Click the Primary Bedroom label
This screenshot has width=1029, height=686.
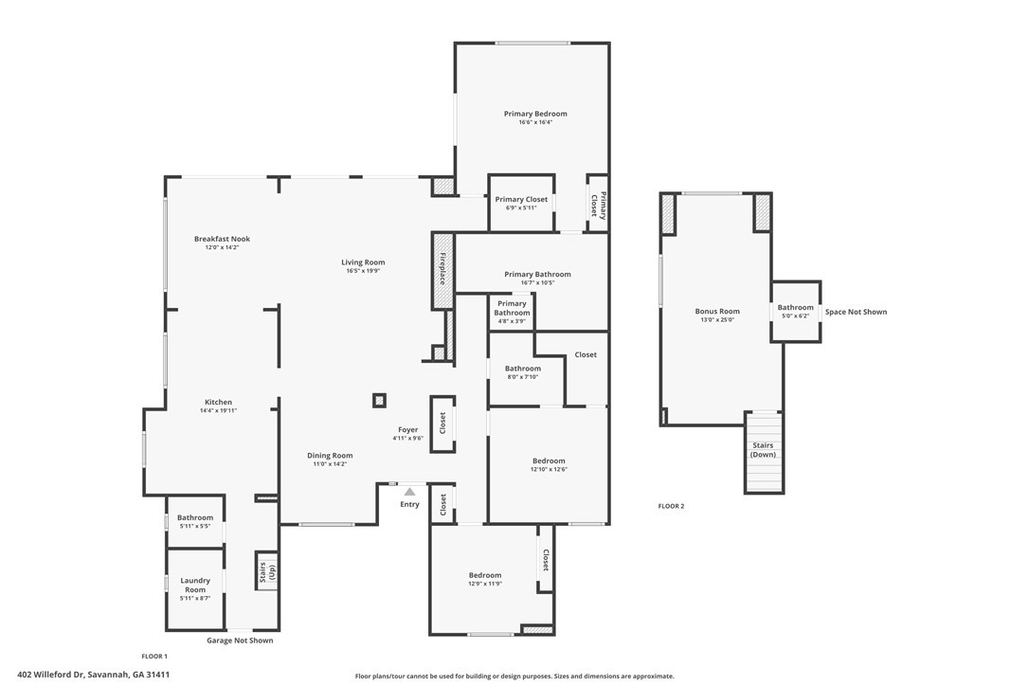535,114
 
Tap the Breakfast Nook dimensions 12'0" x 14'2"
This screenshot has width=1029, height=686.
222,247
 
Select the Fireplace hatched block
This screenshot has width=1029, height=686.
443,270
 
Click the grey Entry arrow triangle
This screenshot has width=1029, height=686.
409,492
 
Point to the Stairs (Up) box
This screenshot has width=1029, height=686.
266,570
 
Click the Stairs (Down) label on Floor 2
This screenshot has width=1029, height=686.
763,450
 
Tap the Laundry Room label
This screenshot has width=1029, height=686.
195,585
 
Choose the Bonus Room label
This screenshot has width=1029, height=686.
717,311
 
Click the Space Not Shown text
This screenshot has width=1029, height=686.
856,312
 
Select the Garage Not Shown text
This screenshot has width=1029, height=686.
240,641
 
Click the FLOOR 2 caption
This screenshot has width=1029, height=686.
672,506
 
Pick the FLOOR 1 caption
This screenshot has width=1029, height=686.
154,657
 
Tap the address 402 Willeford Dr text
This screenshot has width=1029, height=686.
51,675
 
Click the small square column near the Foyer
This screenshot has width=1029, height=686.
379,401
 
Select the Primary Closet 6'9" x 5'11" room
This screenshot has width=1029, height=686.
522,203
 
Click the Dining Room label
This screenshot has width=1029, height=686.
330,456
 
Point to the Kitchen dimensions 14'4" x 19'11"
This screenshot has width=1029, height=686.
219,411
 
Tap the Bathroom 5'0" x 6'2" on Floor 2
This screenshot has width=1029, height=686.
795,311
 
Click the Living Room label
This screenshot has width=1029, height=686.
363,262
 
